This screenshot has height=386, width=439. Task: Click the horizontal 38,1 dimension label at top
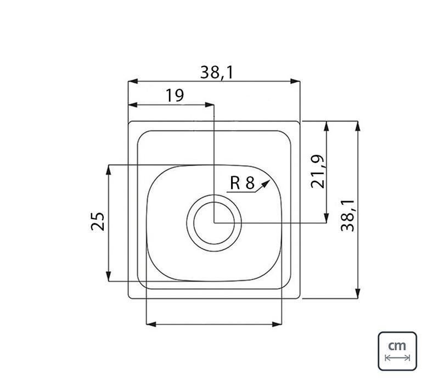217,72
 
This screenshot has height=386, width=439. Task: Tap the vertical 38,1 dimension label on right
348,215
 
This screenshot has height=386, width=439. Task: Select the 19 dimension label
175,95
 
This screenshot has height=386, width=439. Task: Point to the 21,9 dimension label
318,171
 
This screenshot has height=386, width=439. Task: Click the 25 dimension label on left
98,221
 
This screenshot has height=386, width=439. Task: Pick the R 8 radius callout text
242,183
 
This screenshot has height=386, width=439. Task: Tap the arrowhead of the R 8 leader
266,184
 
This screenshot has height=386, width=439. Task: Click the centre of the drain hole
214,223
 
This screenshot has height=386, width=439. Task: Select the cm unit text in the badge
397,346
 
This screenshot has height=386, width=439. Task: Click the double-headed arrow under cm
397,357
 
